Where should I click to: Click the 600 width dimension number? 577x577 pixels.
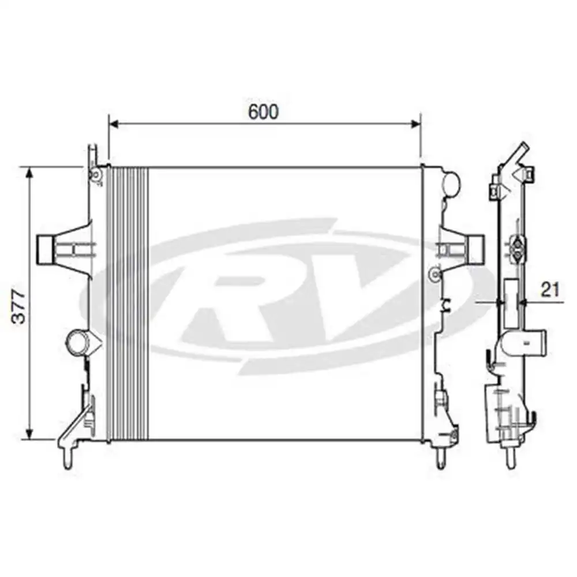point(263,112)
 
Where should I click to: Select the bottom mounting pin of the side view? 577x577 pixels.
point(510,459)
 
